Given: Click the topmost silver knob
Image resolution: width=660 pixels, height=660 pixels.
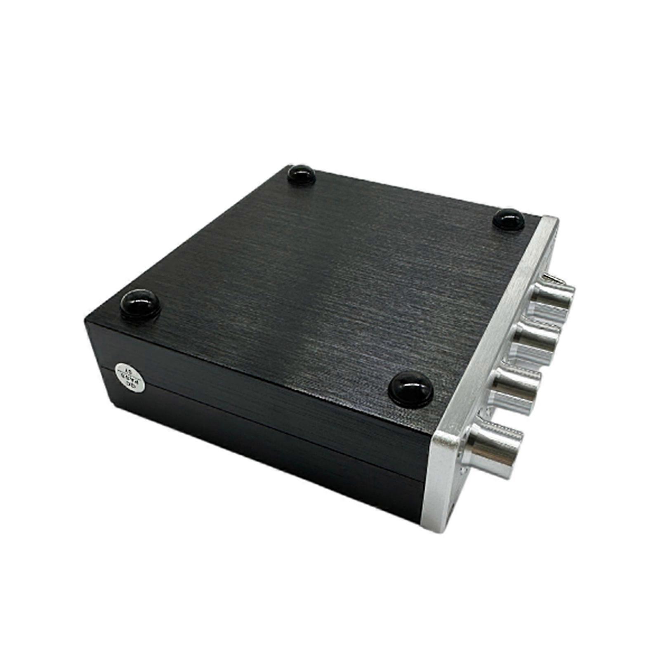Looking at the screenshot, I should coord(555,297).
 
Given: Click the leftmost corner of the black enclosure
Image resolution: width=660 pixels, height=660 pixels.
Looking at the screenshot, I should coord(86,321).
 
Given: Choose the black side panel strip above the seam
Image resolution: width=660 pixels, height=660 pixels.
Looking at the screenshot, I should coord(268,396).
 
